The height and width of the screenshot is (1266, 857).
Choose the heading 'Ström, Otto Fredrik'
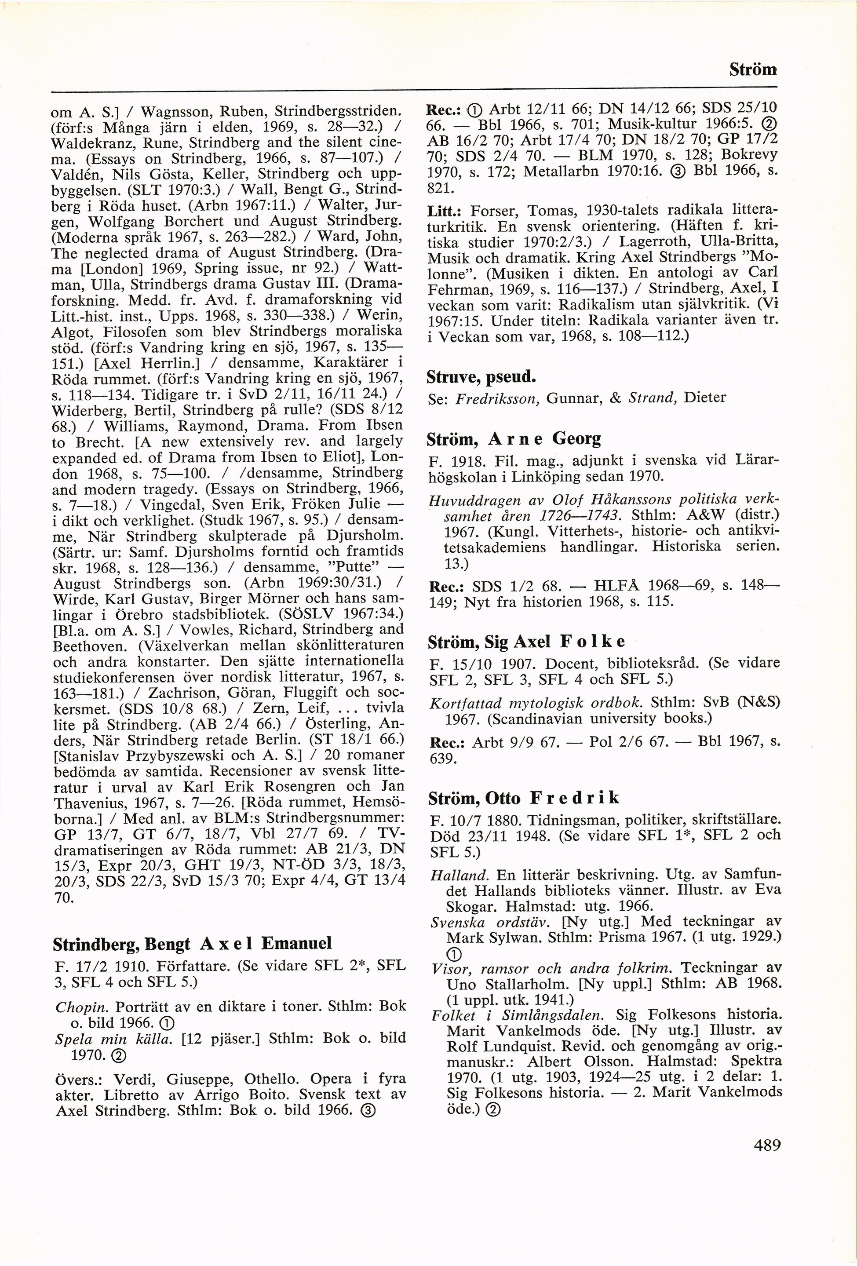(x=524, y=798)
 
